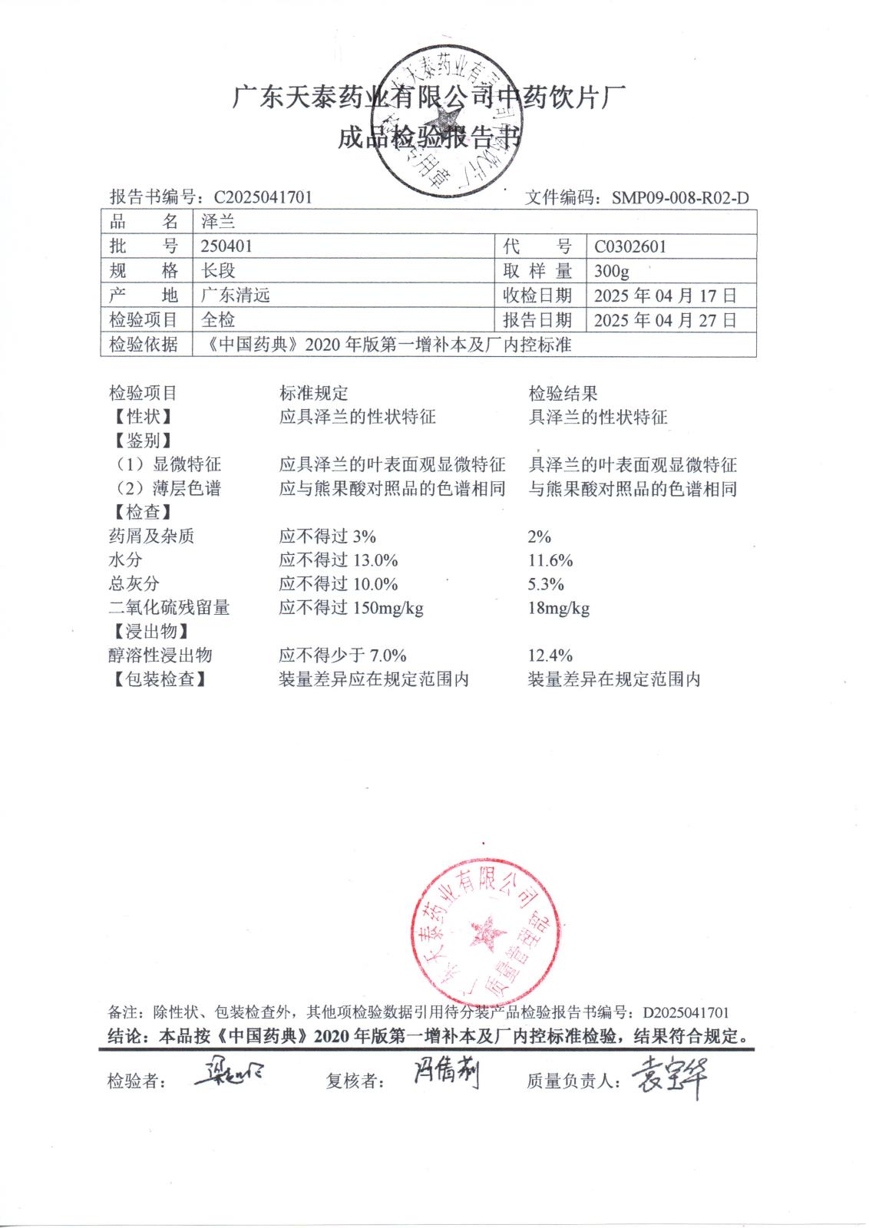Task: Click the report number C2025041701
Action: click(x=263, y=197)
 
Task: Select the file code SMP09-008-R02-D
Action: click(x=680, y=198)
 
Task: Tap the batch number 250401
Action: click(x=226, y=246)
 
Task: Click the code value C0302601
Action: click(x=630, y=246)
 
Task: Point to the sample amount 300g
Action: click(x=612, y=271)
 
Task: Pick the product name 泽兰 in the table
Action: click(x=218, y=222)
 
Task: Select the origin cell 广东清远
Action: click(x=236, y=295)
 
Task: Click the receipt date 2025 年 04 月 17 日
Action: click(x=666, y=295)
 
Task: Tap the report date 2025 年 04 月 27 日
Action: click(x=666, y=320)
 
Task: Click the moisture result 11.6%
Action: click(x=550, y=561)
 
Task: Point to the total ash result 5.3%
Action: click(x=546, y=585)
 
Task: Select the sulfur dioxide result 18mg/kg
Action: click(x=559, y=609)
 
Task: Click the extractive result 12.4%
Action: click(x=550, y=656)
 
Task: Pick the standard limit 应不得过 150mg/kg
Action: click(x=351, y=609)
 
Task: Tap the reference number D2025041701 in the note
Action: click(x=686, y=1013)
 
